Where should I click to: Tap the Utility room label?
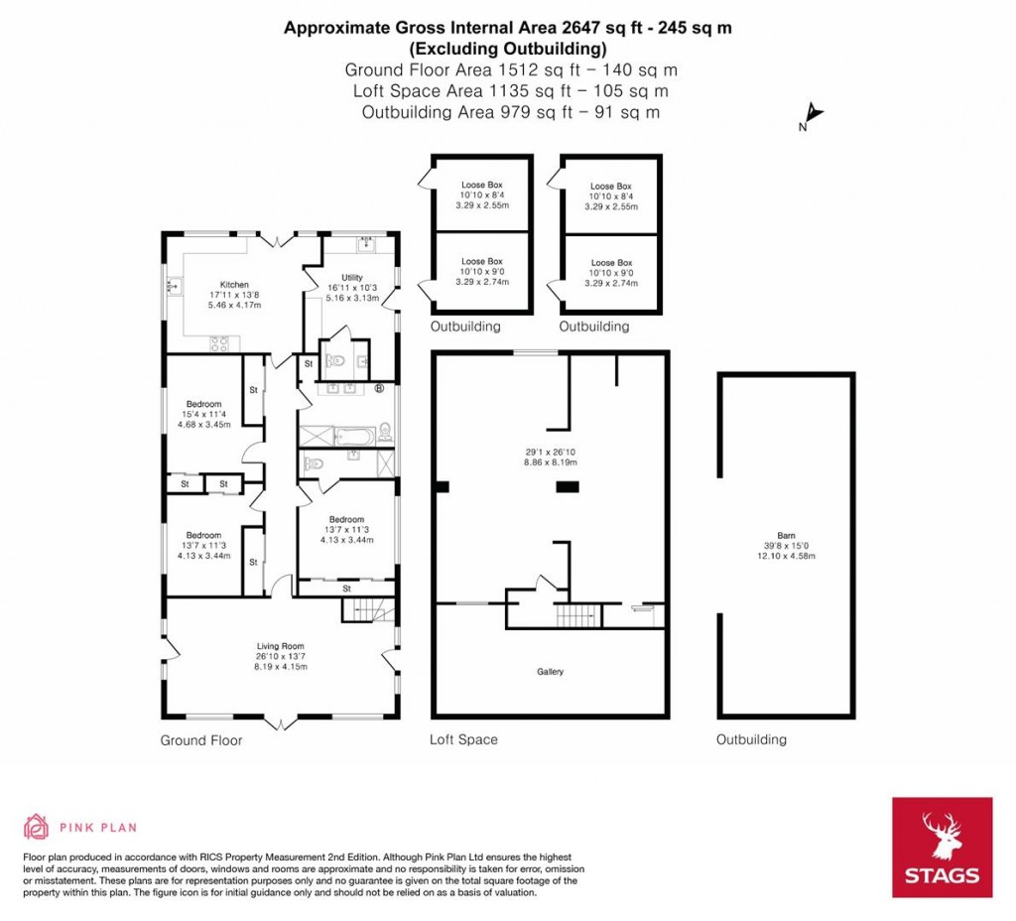tap(351, 278)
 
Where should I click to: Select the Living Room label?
tap(280, 645)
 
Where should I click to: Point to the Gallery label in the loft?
tap(550, 672)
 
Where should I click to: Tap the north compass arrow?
tap(812, 114)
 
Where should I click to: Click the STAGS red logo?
tap(942, 847)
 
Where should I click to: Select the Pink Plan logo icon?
tap(36, 826)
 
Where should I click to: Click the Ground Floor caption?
tap(200, 740)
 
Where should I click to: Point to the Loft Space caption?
tap(463, 739)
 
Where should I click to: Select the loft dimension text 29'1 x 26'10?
tap(550, 452)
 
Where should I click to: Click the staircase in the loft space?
tap(575, 617)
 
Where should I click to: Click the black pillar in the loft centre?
tap(568, 486)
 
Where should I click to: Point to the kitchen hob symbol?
tap(219, 345)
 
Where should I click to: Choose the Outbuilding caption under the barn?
tap(751, 739)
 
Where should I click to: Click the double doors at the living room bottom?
tap(280, 720)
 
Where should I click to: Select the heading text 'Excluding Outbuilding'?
tap(507, 48)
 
